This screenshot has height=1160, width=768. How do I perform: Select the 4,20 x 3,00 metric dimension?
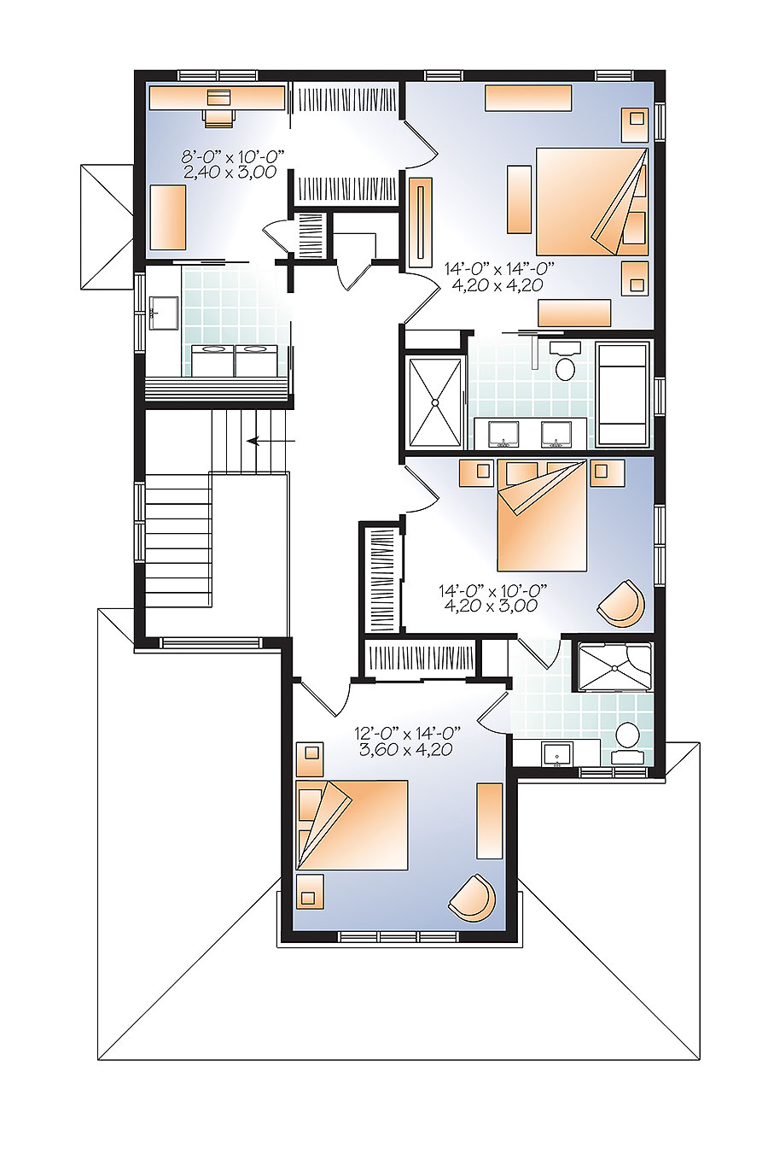pos(491,606)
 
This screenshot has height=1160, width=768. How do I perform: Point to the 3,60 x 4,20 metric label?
pos(405,749)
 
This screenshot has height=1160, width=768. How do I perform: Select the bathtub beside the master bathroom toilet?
pos(622,393)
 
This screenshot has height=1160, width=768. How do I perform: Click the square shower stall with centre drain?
pos(435,401)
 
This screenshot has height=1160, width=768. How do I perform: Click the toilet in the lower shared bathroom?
pos(627,740)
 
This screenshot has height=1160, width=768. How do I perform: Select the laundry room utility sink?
pos(163,313)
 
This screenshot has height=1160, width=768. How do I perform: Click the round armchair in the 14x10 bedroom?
pos(621,602)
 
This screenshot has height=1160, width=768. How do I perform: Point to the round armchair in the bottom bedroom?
pos(472,898)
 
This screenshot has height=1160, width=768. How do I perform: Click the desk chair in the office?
pos(218,114)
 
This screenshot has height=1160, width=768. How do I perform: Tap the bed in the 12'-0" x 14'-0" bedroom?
pos(351,825)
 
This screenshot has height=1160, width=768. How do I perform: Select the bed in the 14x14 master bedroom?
pos(590,201)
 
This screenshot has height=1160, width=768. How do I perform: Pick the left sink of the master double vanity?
pos(504,434)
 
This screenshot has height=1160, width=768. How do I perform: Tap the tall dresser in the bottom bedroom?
pos(489,820)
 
